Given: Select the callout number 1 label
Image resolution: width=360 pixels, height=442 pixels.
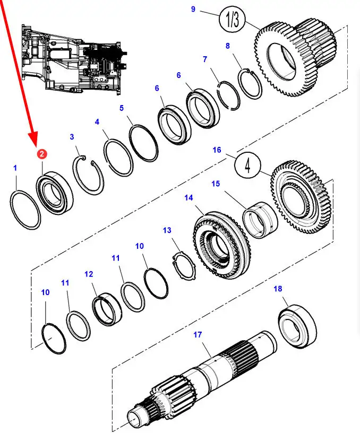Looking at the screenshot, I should click(15, 168).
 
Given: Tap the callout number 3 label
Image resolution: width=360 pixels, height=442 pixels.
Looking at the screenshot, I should click(72, 137).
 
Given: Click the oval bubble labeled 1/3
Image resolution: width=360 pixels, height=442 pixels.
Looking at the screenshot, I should click(233, 21).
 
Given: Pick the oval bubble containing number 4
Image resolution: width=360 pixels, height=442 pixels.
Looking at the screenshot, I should click(247, 166).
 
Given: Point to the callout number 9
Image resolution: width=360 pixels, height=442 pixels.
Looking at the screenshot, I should click(193, 9).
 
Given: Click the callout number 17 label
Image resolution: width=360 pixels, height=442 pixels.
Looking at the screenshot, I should click(198, 335).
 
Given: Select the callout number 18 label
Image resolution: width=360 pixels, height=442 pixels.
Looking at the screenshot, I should click(278, 289).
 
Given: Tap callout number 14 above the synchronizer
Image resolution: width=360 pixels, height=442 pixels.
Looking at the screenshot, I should click(188, 198).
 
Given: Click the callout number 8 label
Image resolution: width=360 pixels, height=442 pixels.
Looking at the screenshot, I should click(228, 46).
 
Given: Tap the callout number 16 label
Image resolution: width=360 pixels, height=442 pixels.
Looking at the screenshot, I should click(217, 150).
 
